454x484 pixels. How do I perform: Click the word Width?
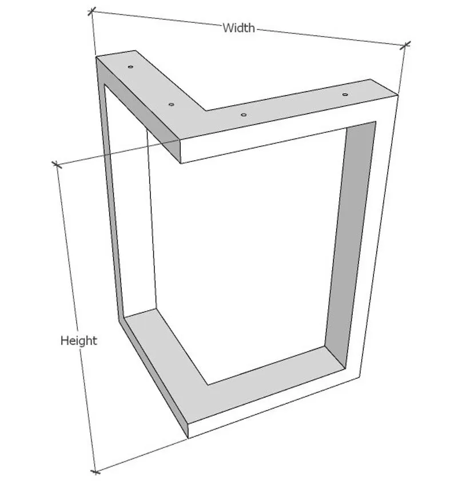238,28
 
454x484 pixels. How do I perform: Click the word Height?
79,341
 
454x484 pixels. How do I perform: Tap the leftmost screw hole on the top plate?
130,67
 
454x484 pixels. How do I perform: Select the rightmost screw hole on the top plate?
345,94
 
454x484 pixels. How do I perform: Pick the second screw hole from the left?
171,105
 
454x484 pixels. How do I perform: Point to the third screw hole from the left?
244,115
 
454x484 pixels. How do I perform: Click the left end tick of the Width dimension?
91,12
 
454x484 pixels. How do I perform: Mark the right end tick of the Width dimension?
405,45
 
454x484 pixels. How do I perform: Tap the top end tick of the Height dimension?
57,165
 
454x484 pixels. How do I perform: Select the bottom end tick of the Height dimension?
95,472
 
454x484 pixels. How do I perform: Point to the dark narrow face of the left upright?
110,192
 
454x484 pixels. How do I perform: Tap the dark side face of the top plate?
139,110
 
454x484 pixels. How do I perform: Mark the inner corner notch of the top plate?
205,110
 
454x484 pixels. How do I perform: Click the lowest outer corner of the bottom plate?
188,438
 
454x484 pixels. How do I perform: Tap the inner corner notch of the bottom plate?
209,385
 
